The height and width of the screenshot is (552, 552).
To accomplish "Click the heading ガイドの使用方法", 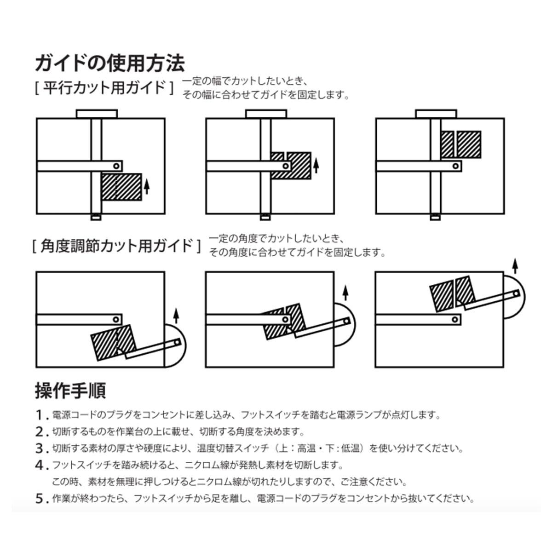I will pyautogui.click(x=110, y=63).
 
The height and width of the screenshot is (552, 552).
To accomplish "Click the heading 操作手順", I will pyautogui.click(x=70, y=391).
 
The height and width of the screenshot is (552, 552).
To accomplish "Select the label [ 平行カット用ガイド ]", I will pyautogui.click(x=104, y=87).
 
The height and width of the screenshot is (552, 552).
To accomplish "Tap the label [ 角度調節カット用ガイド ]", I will pyautogui.click(x=117, y=246).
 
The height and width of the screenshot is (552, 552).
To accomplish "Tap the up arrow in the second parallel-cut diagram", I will pyautogui.click(x=316, y=165).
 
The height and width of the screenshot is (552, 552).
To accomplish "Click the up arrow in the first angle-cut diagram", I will pyautogui.click(x=175, y=316).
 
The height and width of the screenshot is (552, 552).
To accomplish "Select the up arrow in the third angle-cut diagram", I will pyautogui.click(x=515, y=266).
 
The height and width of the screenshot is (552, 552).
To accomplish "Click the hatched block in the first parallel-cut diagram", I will pyautogui.click(x=121, y=187).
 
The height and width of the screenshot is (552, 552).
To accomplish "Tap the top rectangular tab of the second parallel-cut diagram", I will pyautogui.click(x=266, y=114).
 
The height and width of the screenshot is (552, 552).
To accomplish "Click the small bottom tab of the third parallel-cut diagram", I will pyautogui.click(x=435, y=217).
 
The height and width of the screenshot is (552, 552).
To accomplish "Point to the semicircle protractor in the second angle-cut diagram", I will pyautogui.click(x=346, y=325).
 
